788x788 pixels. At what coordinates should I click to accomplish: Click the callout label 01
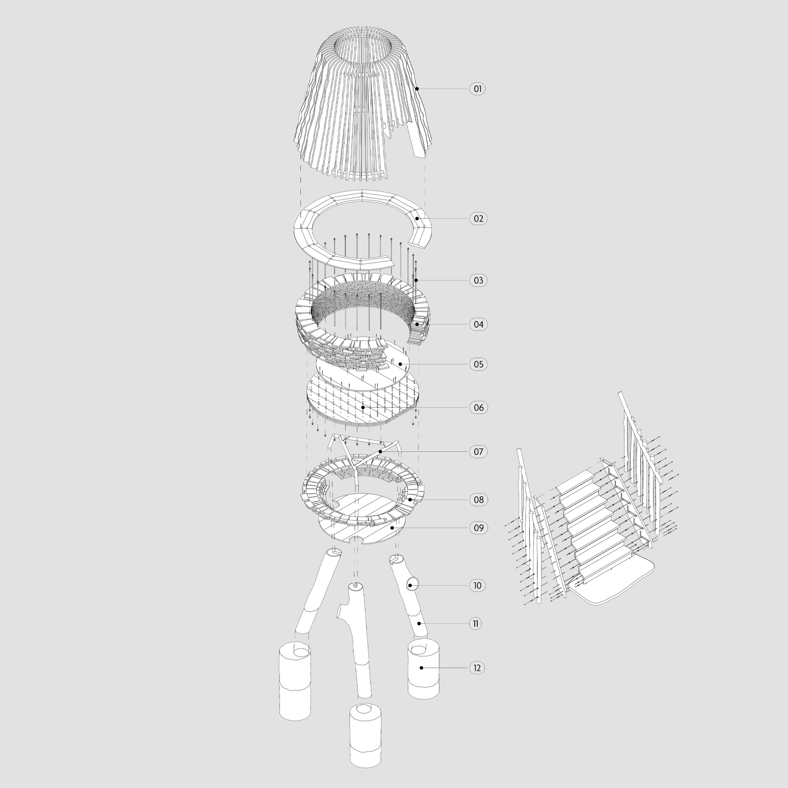pyautogui.click(x=477, y=89)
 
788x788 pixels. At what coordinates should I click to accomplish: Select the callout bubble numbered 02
pyautogui.click(x=478, y=219)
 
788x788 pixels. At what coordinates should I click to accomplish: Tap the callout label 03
pyautogui.click(x=478, y=281)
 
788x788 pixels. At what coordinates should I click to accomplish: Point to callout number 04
pyautogui.click(x=478, y=325)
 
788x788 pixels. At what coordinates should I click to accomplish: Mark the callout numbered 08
pyautogui.click(x=478, y=500)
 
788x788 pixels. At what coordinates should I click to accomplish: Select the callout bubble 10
pyautogui.click(x=477, y=586)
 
